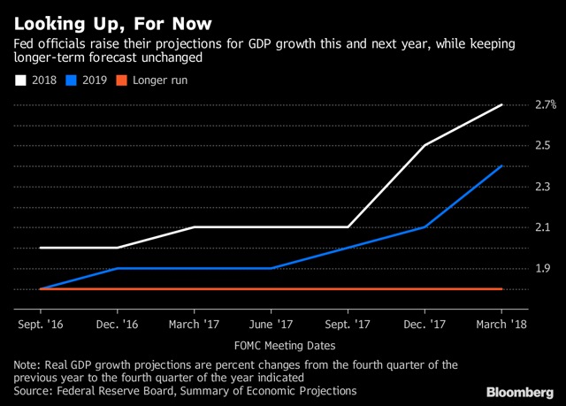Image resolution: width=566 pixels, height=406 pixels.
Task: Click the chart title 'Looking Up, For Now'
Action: [x=112, y=24]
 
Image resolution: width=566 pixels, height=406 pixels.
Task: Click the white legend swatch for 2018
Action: [x=20, y=80]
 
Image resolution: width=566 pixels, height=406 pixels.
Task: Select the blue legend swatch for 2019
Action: [x=71, y=80]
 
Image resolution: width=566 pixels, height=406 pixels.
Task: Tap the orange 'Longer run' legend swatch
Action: [x=122, y=80]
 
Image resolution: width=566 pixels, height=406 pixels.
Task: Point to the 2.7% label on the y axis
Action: [x=546, y=104]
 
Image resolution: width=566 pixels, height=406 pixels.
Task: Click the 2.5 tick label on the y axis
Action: [x=542, y=145]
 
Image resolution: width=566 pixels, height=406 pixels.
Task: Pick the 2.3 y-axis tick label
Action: [x=542, y=187]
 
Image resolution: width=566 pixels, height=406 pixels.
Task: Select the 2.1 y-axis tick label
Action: [x=542, y=227]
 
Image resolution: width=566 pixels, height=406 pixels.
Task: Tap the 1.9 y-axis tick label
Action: [x=542, y=268]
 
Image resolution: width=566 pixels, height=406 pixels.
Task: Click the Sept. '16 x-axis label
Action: [x=41, y=324]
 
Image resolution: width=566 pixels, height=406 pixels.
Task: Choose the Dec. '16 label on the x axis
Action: [x=117, y=324]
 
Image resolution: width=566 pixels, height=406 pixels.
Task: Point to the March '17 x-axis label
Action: [x=194, y=324]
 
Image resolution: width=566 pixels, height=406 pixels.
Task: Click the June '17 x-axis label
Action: [x=271, y=324]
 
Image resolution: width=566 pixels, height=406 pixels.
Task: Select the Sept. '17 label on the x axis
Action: [x=348, y=324]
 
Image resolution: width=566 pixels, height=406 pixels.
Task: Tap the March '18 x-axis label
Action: [x=501, y=324]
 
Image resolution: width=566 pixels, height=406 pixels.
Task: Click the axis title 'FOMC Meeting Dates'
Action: [x=285, y=346]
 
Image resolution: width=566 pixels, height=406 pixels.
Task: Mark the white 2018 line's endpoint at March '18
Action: [x=501, y=104]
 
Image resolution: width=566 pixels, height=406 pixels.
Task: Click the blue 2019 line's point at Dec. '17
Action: [x=424, y=227]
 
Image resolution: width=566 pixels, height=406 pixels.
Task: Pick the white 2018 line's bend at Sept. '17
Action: [x=348, y=227]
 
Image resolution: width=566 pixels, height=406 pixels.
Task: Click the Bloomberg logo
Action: [x=520, y=392]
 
